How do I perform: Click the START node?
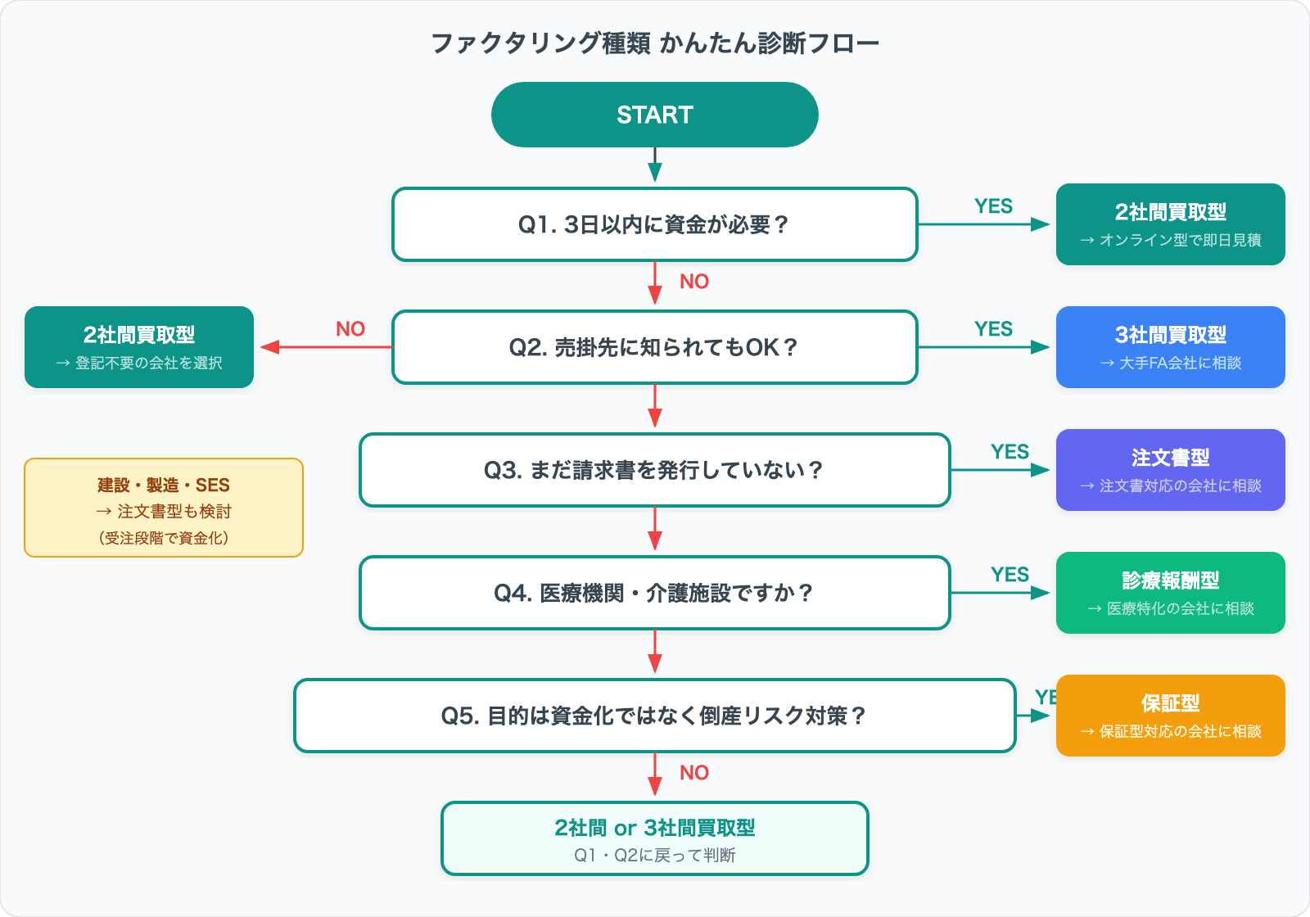655,115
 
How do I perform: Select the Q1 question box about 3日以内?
655,224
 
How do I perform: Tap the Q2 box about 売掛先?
655,347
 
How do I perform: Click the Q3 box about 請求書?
655,470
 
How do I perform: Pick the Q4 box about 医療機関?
655,593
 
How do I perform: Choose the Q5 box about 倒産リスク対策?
655,716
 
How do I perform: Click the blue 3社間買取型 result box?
1171,347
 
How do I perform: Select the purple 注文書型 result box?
1171,470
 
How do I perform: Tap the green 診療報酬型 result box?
1171,593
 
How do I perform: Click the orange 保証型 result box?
1171,716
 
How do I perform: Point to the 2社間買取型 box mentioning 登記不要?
139,347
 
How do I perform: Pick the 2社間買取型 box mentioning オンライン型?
1171,224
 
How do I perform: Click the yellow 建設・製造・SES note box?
164,508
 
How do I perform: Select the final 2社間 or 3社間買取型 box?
655,838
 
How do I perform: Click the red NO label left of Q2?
350,329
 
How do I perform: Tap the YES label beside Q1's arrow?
993,206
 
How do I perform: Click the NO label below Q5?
694,773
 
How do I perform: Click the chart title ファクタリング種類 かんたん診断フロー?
655,43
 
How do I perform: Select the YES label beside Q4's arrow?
1010,575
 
